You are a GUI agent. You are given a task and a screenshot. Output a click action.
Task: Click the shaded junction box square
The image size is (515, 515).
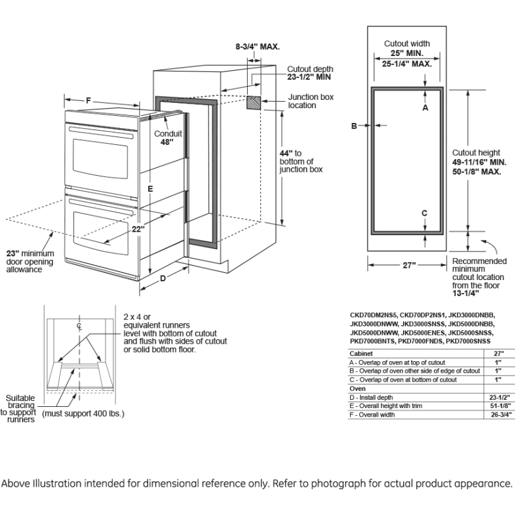coord(254,104)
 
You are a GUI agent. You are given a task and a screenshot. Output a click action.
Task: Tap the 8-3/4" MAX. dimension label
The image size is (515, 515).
coord(257,46)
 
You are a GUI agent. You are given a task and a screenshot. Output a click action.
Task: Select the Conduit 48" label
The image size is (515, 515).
coord(167,138)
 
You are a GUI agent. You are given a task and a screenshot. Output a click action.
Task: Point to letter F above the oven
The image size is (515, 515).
coord(89,100)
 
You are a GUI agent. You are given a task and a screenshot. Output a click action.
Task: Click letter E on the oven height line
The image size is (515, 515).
coord(149,189)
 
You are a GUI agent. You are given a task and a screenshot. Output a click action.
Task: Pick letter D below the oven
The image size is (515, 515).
coord(163,278)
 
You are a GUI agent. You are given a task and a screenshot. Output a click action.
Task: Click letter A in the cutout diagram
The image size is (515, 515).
coord(425,108)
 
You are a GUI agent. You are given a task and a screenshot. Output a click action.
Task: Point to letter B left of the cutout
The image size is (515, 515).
coord(353,126)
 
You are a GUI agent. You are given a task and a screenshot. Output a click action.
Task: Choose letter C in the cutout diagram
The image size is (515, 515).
coord(424,213)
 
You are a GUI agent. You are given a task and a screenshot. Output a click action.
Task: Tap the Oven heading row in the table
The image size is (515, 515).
coord(357,389)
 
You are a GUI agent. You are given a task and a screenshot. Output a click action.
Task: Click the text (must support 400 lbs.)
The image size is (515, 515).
coord(83,413)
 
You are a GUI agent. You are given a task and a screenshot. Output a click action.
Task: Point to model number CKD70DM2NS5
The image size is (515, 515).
coord(374,314)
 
